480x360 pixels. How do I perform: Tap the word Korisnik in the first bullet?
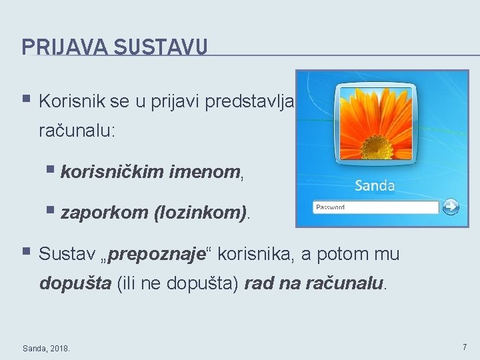click(68, 102)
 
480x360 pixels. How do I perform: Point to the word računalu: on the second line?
click(77, 130)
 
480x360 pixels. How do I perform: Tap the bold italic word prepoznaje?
click(159, 255)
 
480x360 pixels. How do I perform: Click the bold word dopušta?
click(75, 283)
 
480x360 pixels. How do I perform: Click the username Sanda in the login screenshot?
click(375, 185)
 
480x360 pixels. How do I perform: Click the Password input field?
click(375, 207)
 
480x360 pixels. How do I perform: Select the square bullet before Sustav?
click(26, 253)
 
